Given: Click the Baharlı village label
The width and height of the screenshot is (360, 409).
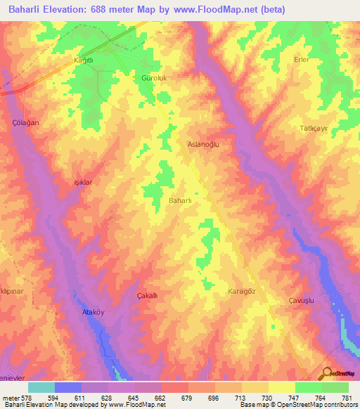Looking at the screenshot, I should (181, 202).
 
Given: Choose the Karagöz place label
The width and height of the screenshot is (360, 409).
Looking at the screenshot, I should (243, 291).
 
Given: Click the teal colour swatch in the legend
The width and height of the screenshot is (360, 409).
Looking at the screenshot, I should (41, 387).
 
